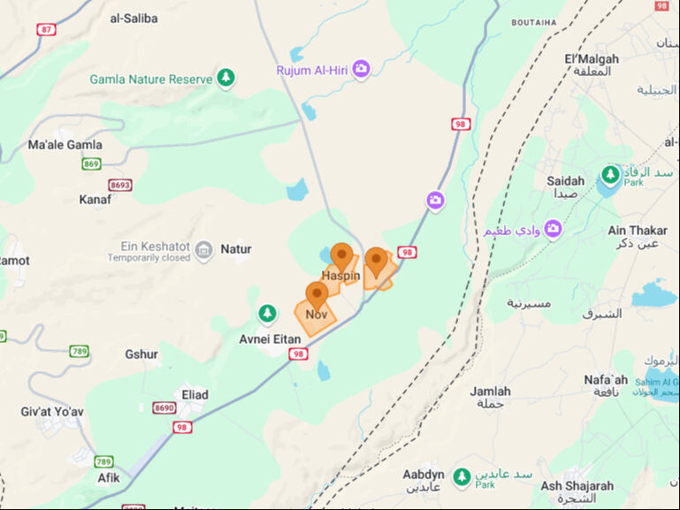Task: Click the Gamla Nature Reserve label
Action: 151,80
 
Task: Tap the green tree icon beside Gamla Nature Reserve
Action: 226,79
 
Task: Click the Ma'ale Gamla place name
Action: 65,145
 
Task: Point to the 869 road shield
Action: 91,164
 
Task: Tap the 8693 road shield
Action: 120,185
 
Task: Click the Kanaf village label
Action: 95,200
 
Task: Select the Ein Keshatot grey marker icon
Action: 204,250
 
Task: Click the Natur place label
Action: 236,249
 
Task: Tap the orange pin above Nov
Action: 317,295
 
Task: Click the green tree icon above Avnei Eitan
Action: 267,315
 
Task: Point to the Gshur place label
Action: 141,354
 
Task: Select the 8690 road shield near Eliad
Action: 164,407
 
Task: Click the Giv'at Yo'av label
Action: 52,412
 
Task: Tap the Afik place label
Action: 109,477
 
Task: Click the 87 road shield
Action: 46,29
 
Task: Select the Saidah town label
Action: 566,181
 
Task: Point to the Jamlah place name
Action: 491,392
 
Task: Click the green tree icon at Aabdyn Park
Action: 461,477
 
